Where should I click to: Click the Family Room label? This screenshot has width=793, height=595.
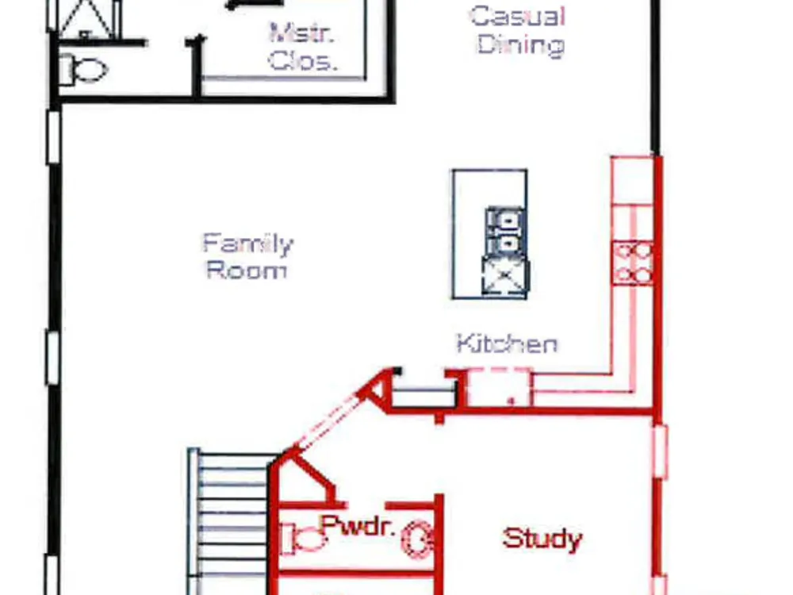[x=247, y=256]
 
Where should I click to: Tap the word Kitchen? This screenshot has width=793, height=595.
[x=507, y=344]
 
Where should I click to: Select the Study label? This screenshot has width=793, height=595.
[x=542, y=539]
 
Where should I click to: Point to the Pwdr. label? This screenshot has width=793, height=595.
[x=358, y=526]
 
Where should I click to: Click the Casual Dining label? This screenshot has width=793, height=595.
[x=519, y=30]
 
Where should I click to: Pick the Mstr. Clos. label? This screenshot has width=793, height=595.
[x=302, y=47]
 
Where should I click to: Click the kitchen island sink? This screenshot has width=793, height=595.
[x=504, y=231]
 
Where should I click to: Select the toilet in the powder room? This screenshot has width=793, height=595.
[x=302, y=539]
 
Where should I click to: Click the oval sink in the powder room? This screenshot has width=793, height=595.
[x=418, y=539]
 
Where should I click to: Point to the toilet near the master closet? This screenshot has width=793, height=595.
[x=82, y=69]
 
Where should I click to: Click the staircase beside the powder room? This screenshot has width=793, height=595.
[x=231, y=522]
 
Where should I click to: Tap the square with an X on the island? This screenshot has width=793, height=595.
[x=504, y=276]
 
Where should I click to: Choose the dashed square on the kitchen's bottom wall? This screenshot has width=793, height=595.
[x=498, y=388]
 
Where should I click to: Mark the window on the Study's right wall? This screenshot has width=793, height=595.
[x=660, y=451]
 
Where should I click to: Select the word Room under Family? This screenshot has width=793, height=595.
[x=247, y=271]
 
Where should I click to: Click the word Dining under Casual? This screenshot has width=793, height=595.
[x=521, y=45]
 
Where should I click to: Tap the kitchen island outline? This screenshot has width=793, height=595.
[x=453, y=234]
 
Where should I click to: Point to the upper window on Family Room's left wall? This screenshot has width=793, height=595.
[x=54, y=136]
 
